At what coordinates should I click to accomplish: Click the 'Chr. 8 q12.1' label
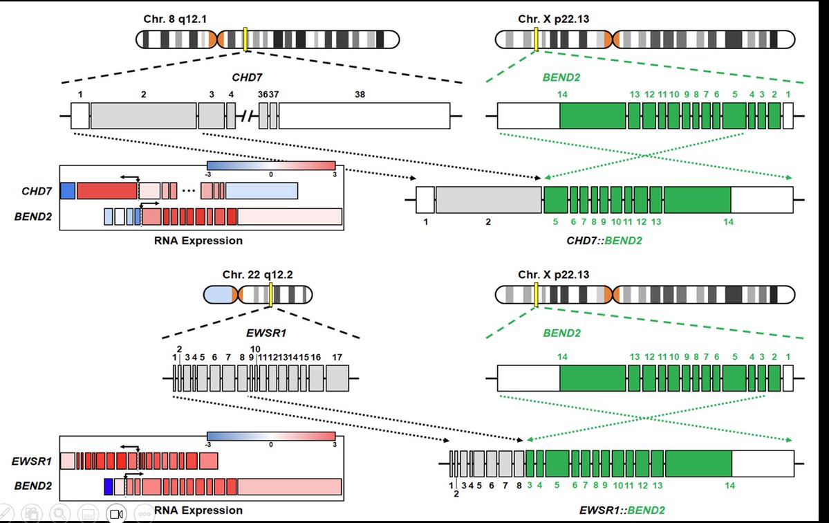175,19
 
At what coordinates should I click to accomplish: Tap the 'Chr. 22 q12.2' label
257,275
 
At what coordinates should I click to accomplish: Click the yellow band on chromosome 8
246,39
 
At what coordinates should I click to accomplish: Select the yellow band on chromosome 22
271,295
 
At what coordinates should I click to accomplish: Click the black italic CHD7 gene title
247,77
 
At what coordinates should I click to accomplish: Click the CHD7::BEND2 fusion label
604,241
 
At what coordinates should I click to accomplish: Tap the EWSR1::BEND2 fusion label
622,511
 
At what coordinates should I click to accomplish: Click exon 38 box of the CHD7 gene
364,116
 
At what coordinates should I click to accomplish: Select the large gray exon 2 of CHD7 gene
144,116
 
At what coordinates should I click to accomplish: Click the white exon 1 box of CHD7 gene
80,116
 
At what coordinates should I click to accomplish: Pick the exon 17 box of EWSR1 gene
337,378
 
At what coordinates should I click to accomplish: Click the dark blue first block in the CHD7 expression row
68,191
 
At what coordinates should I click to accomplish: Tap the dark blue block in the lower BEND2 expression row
109,486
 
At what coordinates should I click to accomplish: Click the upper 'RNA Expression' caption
198,241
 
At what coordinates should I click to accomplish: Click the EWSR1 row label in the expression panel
32,461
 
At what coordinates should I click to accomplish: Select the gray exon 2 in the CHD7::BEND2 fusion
489,200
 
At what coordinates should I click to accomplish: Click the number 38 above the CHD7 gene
360,94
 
